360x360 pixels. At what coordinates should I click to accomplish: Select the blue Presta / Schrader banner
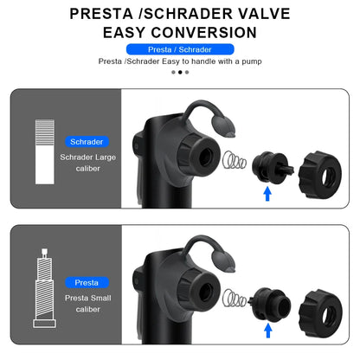click(179, 49)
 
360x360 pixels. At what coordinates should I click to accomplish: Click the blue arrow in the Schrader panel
click(267, 194)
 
